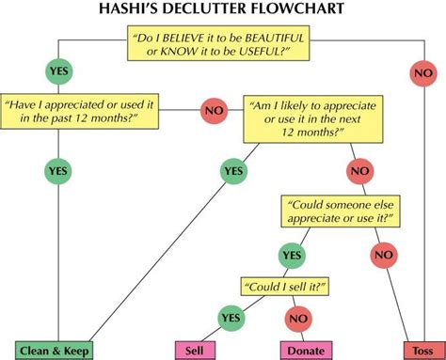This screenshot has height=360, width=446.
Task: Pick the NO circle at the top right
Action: (421, 71)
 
